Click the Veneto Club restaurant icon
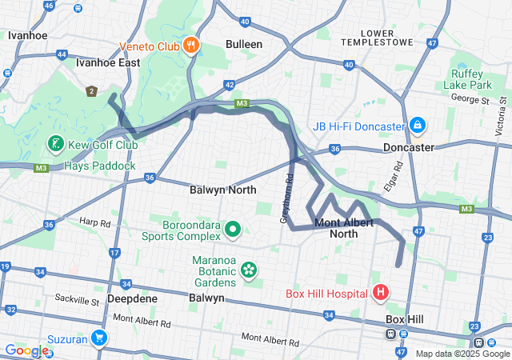tap(190, 45)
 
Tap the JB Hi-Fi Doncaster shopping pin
tap(417, 126)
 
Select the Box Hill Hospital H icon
tap(380, 293)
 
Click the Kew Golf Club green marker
tap(55, 144)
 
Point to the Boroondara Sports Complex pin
tap(233, 230)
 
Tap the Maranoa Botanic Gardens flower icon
tap(249, 270)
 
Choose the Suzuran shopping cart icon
tap(99, 338)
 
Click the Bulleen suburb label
tap(244, 45)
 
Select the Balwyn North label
tap(223, 190)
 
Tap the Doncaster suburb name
tap(409, 148)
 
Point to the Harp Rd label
tap(94, 221)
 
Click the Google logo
tap(26, 350)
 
